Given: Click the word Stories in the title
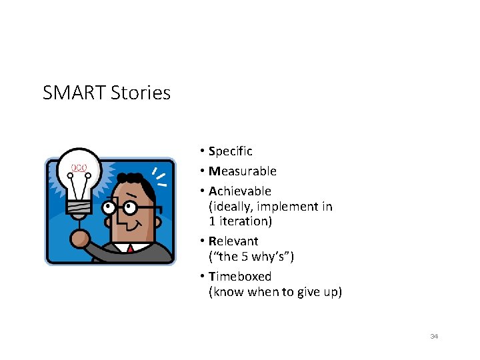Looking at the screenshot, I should tap(141, 93).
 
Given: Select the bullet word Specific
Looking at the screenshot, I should tap(231, 151).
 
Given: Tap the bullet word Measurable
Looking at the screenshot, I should tap(243, 171).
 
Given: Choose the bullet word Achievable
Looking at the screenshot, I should tap(240, 191).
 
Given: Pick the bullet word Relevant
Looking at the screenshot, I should tap(233, 241).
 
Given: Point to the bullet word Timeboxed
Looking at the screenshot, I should tap(240, 276).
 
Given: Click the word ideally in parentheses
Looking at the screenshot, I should tap(233, 207).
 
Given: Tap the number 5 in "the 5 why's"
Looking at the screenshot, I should tap(246, 257).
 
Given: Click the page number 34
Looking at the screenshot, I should tap(434, 337).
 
